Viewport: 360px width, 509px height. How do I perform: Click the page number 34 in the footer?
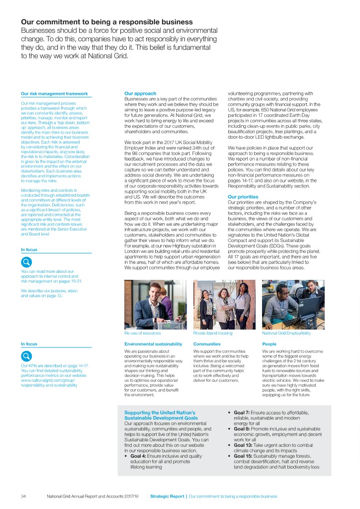pos(23,496)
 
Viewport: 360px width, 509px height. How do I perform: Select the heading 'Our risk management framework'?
pos(54,93)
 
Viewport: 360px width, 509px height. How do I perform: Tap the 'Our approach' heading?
pos(140,93)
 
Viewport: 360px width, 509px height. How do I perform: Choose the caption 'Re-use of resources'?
pos(142,333)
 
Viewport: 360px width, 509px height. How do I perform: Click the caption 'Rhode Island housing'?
pos(212,333)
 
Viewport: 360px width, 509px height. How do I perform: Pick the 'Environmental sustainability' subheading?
pos(153,343)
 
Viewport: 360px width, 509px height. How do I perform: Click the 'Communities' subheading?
pos(207,343)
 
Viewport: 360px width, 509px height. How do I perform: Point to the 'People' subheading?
pos(269,343)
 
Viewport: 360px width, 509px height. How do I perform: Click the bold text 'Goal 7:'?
pos(244,413)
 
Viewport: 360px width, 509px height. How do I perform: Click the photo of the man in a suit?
pos(155,304)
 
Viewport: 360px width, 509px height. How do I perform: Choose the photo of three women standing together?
pos(224,304)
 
